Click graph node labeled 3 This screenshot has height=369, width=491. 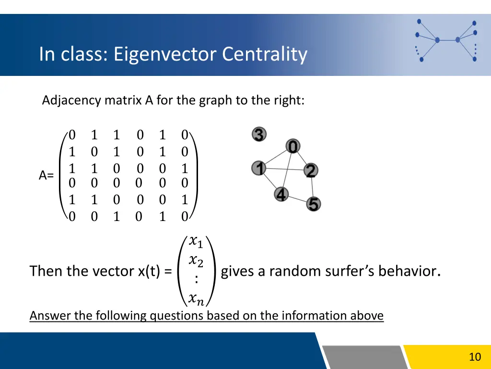pos(259,135)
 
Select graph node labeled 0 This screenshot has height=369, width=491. pos(293,147)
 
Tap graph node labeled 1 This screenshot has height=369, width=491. pos(259,168)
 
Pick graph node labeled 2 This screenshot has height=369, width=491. pos(311,170)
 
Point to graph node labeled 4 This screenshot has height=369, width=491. pos(281,195)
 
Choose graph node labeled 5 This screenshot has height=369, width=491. pos(313,204)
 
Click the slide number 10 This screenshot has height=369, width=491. pos(475,357)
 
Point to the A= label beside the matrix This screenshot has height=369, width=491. pos(47,176)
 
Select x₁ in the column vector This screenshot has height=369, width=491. pos(196,240)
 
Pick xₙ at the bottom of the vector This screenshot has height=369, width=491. pos(196,299)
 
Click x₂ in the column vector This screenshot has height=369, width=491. pos(196,261)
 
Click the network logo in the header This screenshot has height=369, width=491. pos(446,41)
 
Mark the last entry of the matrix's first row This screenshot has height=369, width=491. pos(185,135)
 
